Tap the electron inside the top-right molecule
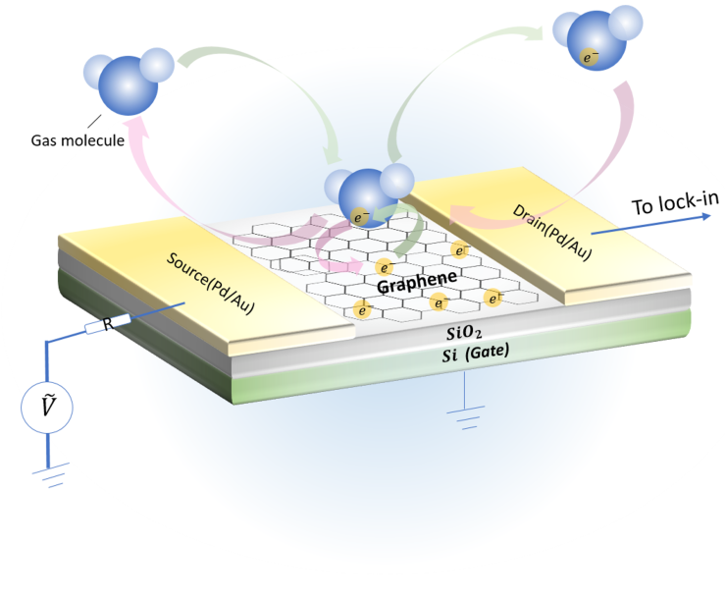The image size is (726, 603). (x=590, y=58)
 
